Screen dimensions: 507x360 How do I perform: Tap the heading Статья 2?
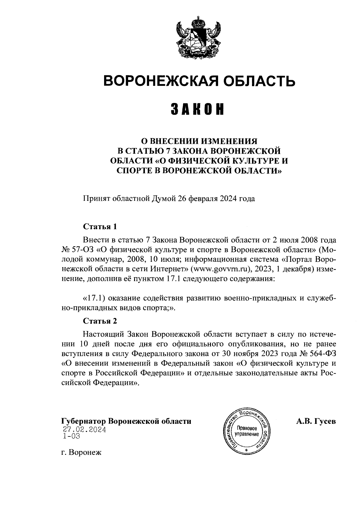coord(100,321)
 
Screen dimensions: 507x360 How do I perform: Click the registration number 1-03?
coord(72,436)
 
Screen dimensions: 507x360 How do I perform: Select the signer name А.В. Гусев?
coord(316,421)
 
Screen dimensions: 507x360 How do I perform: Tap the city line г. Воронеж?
coord(81,452)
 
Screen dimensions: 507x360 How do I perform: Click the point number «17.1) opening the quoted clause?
coord(93,299)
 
